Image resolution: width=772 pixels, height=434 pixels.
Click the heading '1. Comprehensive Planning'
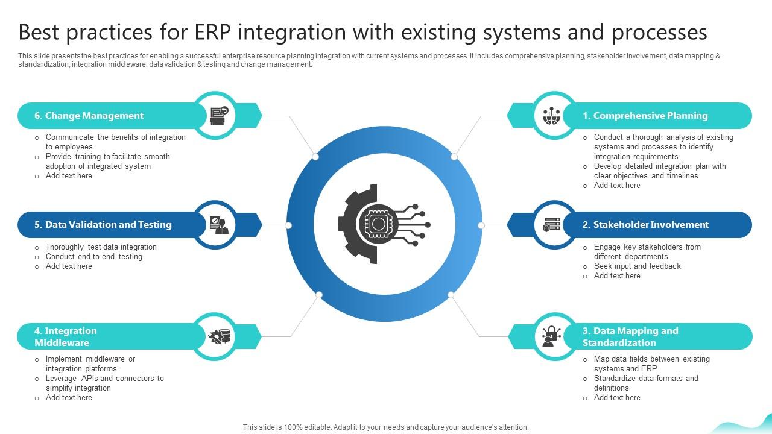[x=645, y=116]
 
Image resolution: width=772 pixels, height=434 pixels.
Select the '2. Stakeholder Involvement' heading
[x=645, y=225]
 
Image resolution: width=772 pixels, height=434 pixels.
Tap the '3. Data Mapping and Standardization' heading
[x=630, y=337]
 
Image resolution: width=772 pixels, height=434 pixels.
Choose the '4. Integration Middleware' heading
[x=66, y=337]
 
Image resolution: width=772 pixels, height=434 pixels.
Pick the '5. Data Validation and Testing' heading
[x=103, y=225]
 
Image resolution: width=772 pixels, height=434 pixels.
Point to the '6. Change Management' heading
[x=89, y=116]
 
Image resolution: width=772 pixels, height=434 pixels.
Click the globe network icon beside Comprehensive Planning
[x=551, y=115]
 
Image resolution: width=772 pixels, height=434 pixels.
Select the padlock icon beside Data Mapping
[x=551, y=336]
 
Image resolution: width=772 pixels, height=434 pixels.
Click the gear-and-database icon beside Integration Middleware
[x=219, y=336]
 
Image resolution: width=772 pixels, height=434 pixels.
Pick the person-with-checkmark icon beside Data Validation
[x=218, y=225]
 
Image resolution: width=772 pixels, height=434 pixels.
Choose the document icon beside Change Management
[x=218, y=115]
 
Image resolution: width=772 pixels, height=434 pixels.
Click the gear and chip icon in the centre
[x=384, y=225]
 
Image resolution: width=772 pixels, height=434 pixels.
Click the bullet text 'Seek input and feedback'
[x=637, y=266]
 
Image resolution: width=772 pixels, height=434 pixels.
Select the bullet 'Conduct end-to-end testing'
[x=94, y=257]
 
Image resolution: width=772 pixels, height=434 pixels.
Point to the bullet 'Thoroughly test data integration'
[x=101, y=247]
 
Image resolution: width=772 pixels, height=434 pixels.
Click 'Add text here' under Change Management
[x=69, y=176]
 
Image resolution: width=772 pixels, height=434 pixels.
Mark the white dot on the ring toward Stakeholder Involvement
[x=481, y=225]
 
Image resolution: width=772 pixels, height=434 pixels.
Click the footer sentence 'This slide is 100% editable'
[x=385, y=427]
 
